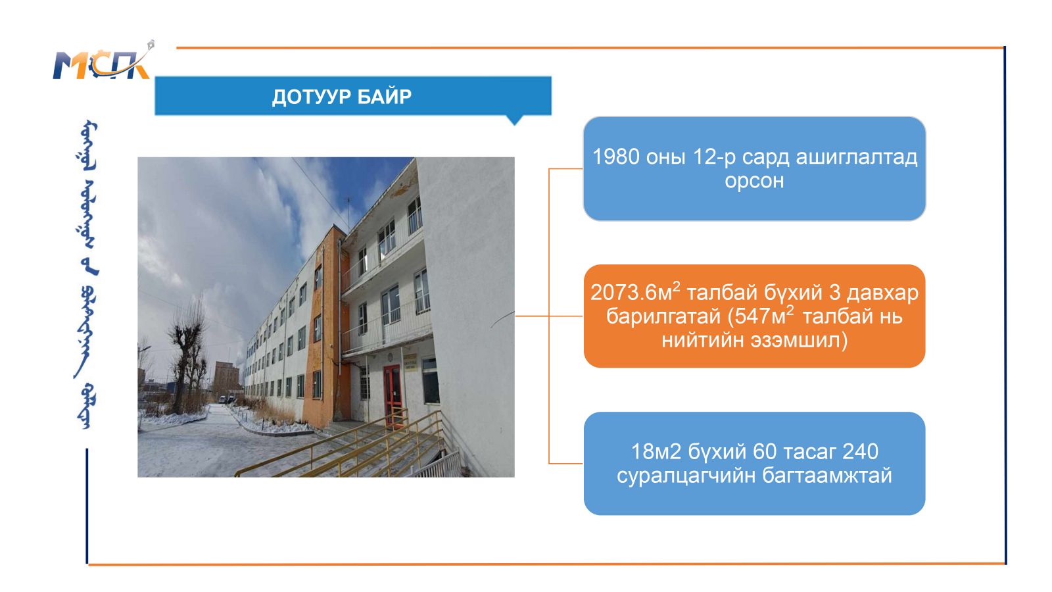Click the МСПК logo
103,61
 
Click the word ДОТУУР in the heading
312,97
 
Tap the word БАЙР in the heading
384,97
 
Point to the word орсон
754,181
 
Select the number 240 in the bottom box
861,451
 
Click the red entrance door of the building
392,395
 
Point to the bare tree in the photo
187,357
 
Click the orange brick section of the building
323,329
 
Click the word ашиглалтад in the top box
856,157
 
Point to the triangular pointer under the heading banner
515,120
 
